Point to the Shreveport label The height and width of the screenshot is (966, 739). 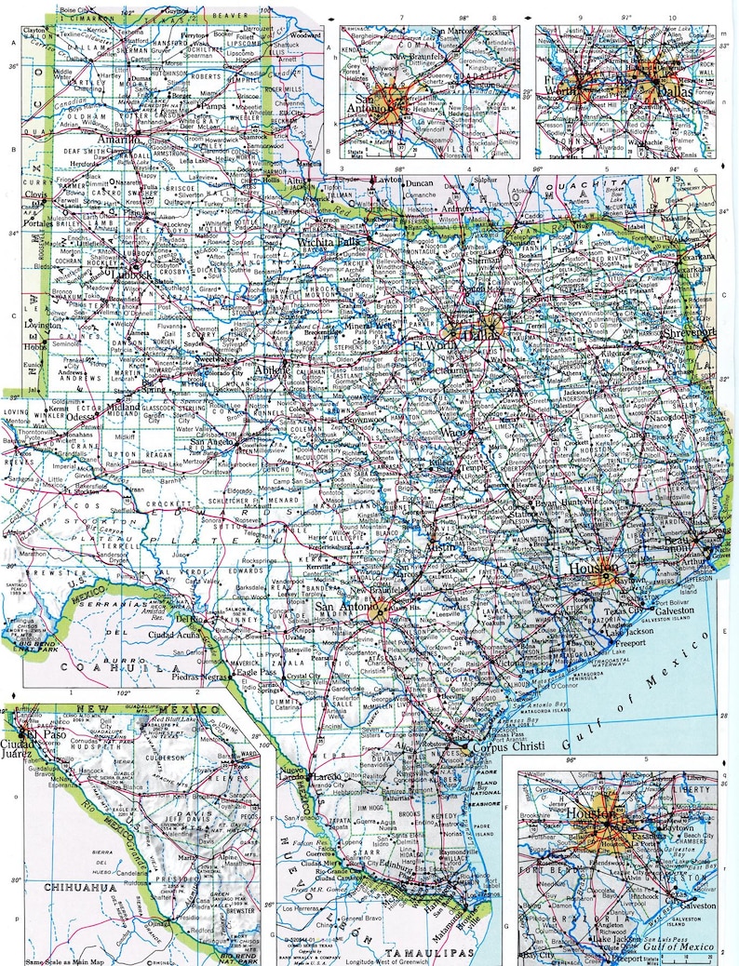[x=712, y=331]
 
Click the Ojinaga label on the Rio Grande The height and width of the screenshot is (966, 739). [x=161, y=922]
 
